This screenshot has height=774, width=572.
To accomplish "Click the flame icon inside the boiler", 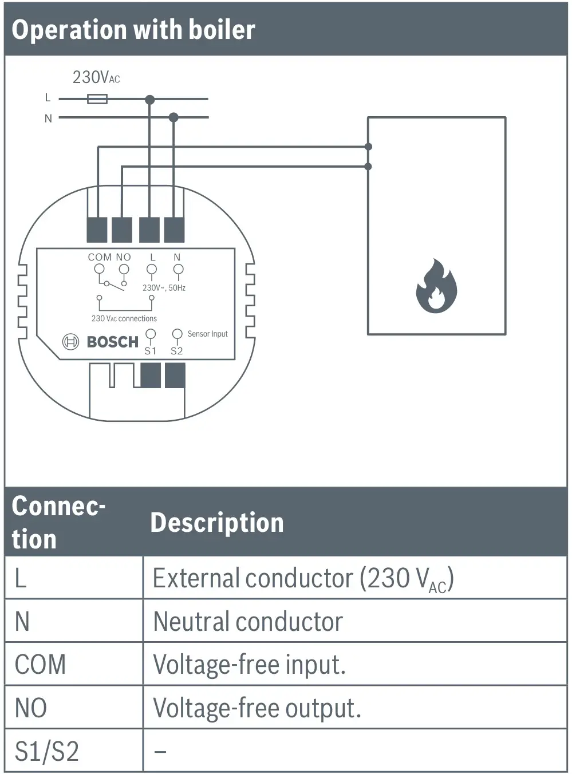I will (x=436, y=286).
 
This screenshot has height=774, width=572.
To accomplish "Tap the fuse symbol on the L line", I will (x=97, y=99).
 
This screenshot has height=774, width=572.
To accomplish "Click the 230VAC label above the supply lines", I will (x=96, y=77).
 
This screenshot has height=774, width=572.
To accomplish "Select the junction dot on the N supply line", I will (x=173, y=117).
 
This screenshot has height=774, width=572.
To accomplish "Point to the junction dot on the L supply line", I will (x=149, y=100).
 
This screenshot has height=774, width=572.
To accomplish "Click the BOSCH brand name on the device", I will (x=112, y=342).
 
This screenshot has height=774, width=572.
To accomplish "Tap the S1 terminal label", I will (x=150, y=351).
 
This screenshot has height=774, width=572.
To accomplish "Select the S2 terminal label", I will (x=176, y=351).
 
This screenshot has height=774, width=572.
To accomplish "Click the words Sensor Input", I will (x=207, y=334).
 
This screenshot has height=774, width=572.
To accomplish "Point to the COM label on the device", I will (x=100, y=258).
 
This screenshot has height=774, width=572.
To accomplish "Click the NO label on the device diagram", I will (x=124, y=258).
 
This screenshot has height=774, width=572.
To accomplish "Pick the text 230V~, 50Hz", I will (x=164, y=288).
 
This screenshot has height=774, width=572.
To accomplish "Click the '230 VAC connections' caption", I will (x=124, y=318).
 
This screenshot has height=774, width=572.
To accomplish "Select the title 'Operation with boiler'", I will (x=133, y=30).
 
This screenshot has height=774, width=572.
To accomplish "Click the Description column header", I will (x=217, y=523).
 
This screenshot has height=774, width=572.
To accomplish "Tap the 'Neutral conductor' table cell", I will (x=248, y=622).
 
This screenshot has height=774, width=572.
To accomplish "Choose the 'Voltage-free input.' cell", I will (x=250, y=665).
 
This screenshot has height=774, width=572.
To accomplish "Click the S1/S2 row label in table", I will (x=47, y=751).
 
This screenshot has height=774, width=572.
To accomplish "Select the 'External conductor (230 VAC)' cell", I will (x=303, y=579).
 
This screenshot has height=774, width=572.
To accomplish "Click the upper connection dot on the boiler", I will (x=368, y=147).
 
